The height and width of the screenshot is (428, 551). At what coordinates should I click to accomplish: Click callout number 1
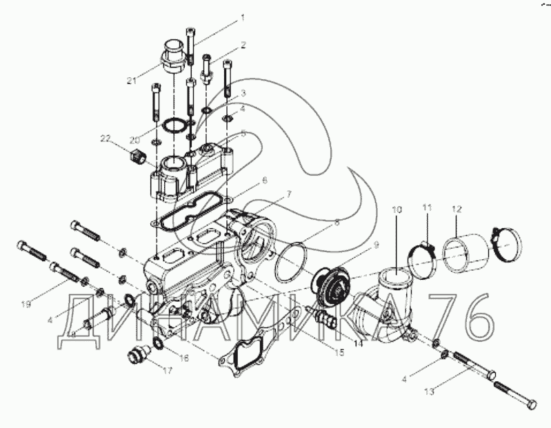242,18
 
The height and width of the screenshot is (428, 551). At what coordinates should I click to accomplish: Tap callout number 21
131,81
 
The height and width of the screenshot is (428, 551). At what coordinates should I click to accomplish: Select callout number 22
106,139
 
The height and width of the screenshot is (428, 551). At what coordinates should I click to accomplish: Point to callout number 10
397,210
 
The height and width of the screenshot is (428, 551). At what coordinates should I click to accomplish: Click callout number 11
427,207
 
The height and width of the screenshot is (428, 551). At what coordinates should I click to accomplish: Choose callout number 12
457,210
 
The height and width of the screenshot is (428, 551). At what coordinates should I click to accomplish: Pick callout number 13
429,391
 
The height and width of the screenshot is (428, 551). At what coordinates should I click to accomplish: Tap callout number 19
26,305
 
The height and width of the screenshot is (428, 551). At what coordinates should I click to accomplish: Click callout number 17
168,370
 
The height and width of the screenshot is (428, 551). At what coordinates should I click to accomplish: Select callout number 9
376,245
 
